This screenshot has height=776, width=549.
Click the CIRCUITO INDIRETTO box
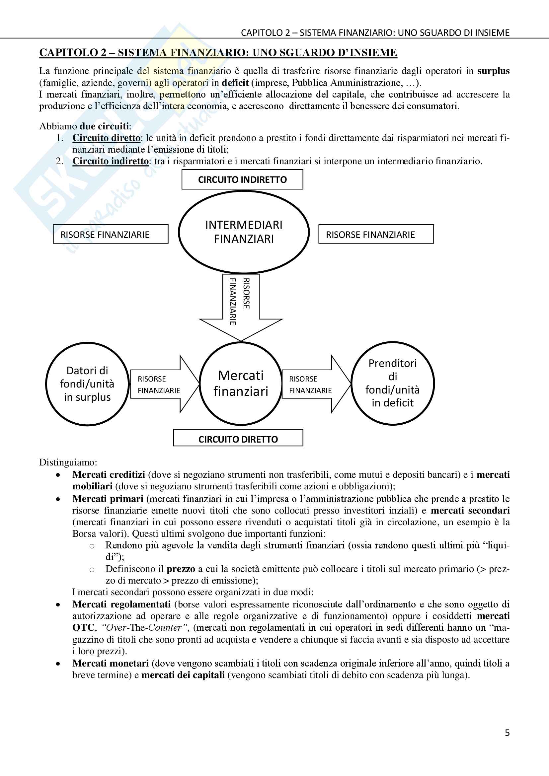click(242, 179)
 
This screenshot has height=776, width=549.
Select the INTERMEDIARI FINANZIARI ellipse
click(244, 232)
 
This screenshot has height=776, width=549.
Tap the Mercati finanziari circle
click(241, 383)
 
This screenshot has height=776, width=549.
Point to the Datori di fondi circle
click(87, 384)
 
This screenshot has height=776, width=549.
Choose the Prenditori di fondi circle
click(392, 383)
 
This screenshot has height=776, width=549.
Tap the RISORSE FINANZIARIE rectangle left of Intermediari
click(111, 234)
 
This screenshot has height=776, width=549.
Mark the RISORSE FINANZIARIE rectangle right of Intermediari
click(376, 234)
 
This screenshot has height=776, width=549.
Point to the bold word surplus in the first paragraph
click(493, 71)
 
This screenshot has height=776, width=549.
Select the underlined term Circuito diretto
click(106, 138)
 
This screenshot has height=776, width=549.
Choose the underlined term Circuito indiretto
click(111, 161)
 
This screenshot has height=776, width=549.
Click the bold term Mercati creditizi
click(109, 474)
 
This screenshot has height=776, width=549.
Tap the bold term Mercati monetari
click(111, 664)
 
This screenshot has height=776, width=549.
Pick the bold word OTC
click(83, 628)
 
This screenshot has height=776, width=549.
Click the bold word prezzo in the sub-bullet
click(181, 569)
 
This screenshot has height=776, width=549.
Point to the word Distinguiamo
click(68, 462)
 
